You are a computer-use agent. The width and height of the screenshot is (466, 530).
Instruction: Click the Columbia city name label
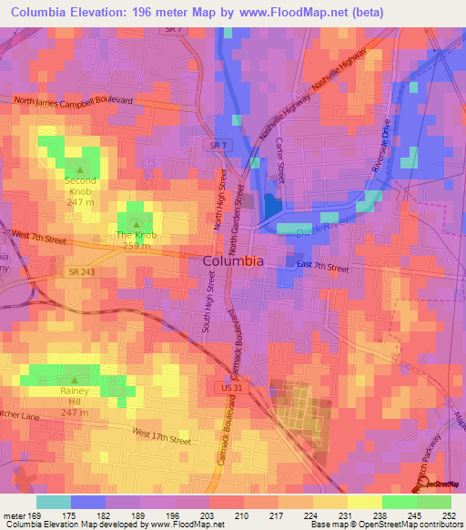232,260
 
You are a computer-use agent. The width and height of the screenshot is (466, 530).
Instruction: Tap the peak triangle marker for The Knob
137,224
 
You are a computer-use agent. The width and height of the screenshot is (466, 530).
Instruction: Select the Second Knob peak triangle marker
80,169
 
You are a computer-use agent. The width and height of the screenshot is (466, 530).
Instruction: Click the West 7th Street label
38,237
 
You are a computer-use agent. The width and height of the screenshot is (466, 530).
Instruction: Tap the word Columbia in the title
43,12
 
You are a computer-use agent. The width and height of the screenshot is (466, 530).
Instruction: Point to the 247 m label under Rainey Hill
74,402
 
